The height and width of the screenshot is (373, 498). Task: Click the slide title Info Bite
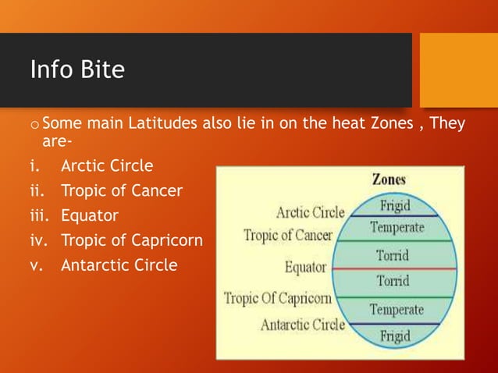tap(77, 70)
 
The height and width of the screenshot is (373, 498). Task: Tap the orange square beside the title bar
tap(458, 69)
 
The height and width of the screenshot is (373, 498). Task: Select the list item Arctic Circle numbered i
tap(107, 166)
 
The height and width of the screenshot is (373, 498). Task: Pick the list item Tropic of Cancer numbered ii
tap(122, 190)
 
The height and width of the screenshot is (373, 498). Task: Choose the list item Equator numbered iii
tap(91, 215)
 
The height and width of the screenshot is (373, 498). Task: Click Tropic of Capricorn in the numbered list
tap(132, 240)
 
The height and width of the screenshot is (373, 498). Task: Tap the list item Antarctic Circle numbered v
tap(119, 265)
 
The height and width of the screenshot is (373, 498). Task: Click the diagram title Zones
tap(388, 179)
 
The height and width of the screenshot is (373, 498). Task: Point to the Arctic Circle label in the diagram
tap(310, 212)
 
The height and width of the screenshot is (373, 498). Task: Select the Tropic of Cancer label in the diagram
tap(287, 235)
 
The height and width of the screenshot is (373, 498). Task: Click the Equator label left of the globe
tap(305, 268)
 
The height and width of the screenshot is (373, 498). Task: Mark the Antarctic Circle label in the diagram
tap(302, 325)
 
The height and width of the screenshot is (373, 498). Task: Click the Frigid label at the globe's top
tap(397, 205)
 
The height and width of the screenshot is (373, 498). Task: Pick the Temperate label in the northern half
tap(397, 227)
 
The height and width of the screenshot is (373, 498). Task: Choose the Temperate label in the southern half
tap(397, 310)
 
